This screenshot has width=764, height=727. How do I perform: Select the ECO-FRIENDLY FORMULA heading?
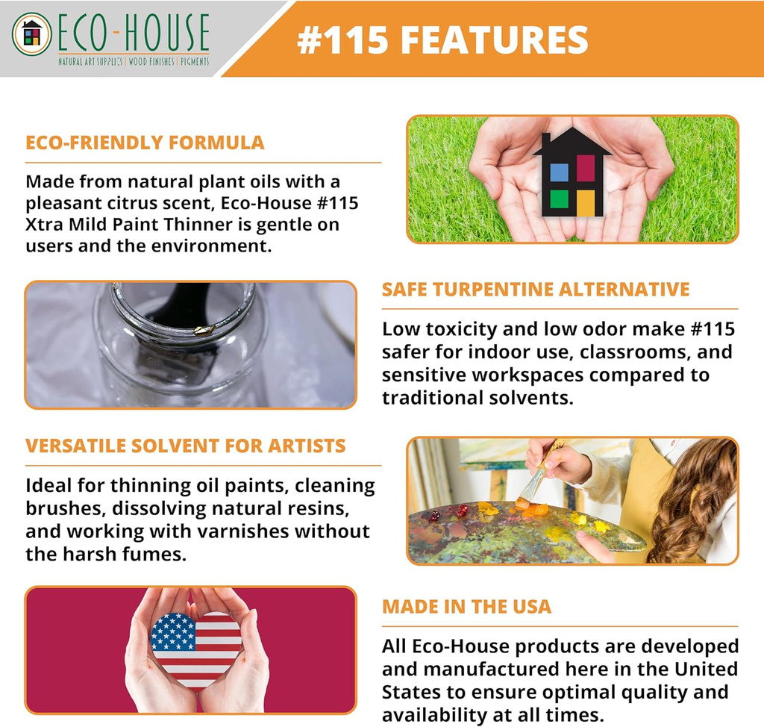[x=145, y=143]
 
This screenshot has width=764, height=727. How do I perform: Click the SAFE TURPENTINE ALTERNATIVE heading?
[x=536, y=290]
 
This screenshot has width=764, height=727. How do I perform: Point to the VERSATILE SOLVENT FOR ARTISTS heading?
[x=185, y=446]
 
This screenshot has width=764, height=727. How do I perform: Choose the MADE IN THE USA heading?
[x=466, y=606]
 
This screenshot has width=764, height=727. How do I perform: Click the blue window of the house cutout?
[x=559, y=173]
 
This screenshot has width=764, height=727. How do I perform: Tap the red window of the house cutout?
[x=586, y=169]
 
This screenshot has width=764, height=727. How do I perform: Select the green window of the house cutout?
[x=559, y=199]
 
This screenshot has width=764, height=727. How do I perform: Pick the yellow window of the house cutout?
[x=586, y=202]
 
